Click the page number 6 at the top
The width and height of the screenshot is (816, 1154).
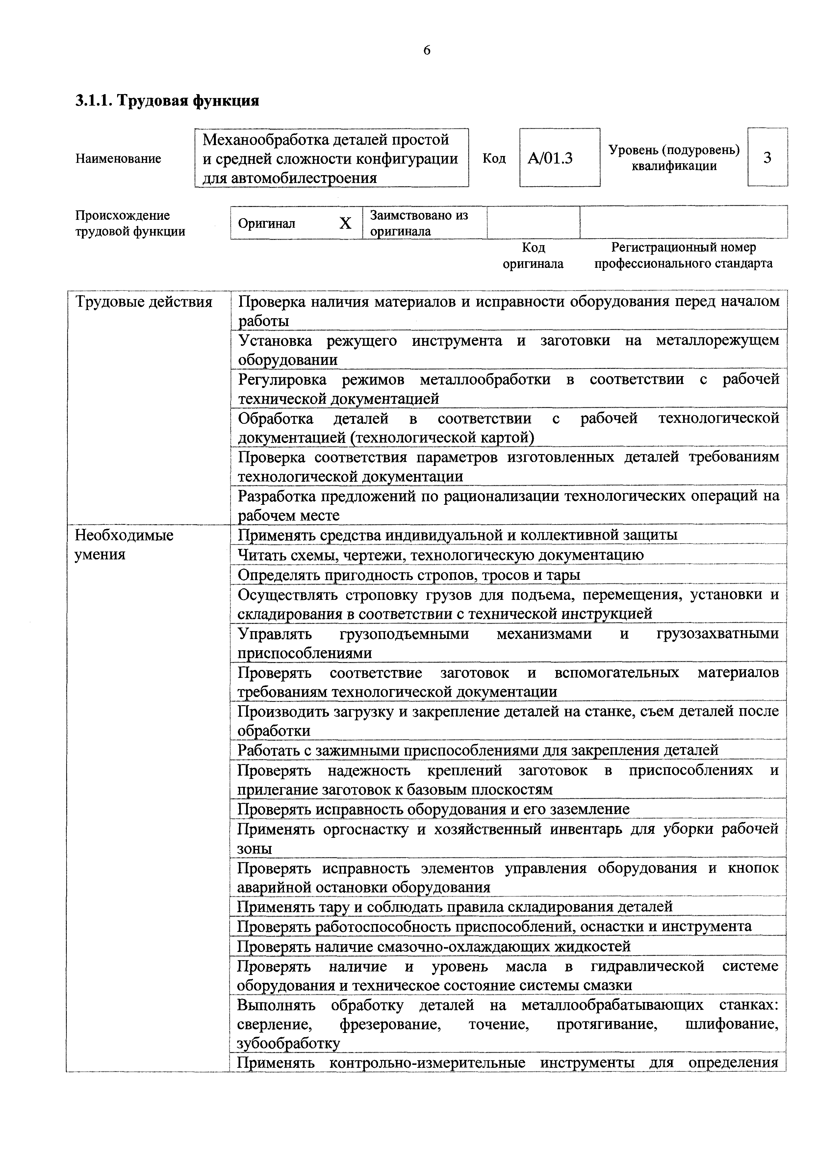(x=427, y=50)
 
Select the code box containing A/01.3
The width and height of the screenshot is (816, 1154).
(x=559, y=158)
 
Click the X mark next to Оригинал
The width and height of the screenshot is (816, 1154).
(x=345, y=223)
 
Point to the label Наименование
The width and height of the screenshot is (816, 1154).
(x=118, y=159)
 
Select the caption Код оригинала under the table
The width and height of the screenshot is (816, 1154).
(x=533, y=255)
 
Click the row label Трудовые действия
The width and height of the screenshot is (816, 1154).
(x=144, y=302)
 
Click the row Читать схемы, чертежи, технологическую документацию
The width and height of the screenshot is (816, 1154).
(x=440, y=555)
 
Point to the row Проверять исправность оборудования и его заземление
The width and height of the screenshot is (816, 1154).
(x=433, y=809)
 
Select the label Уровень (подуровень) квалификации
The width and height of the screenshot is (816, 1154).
(x=674, y=158)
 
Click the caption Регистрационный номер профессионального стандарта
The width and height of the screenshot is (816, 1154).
(x=683, y=255)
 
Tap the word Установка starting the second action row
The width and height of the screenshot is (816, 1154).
(x=274, y=341)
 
